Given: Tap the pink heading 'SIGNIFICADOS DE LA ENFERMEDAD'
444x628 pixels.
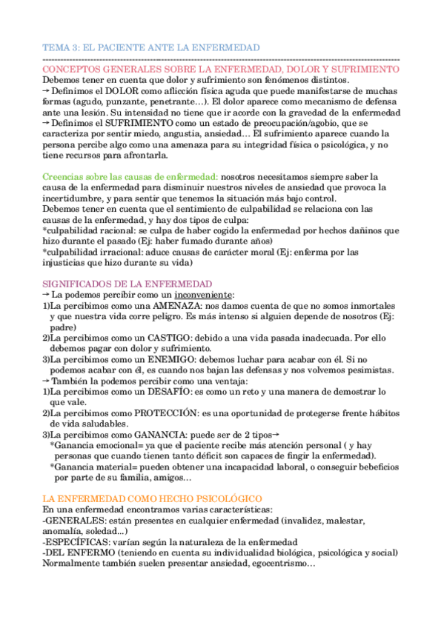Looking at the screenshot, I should (x=127, y=284).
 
